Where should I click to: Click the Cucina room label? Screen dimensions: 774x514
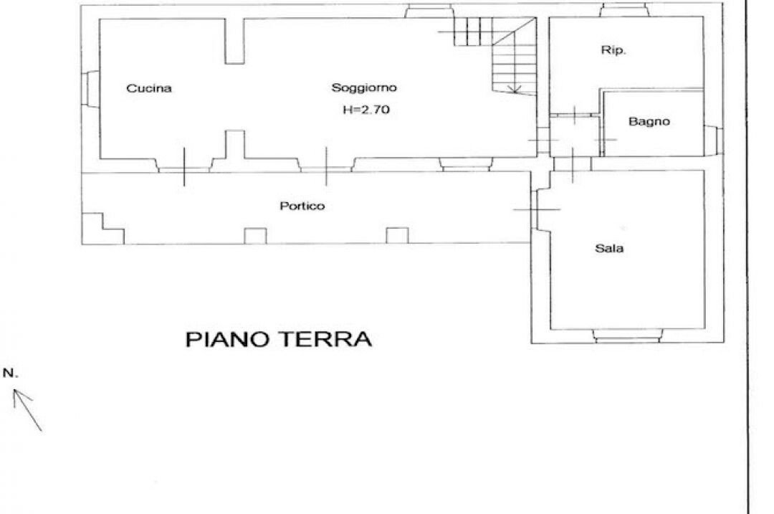point(149,88)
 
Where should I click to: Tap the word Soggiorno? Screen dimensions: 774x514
point(364,88)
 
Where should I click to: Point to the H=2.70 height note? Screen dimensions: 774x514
point(366,110)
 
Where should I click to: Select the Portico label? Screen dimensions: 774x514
point(302,206)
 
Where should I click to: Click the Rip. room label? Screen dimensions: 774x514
point(613,50)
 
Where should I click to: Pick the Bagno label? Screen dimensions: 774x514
point(649,121)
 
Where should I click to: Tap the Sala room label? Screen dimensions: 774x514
point(609,248)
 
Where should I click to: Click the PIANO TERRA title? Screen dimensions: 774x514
point(278,339)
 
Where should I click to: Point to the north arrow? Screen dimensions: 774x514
point(28,410)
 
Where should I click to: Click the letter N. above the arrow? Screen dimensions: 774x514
point(10,373)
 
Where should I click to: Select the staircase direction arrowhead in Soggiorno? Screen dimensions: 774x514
point(515,89)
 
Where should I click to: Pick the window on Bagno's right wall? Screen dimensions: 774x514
point(713,139)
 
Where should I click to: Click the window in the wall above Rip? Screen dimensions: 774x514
point(625,10)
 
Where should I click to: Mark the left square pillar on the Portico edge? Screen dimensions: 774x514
point(255,236)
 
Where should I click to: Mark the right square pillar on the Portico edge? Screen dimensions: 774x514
point(397,236)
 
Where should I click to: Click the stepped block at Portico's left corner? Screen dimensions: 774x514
point(102,229)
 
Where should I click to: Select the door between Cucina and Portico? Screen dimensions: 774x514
point(185,168)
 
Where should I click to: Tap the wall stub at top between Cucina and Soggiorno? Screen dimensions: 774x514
point(235,42)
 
